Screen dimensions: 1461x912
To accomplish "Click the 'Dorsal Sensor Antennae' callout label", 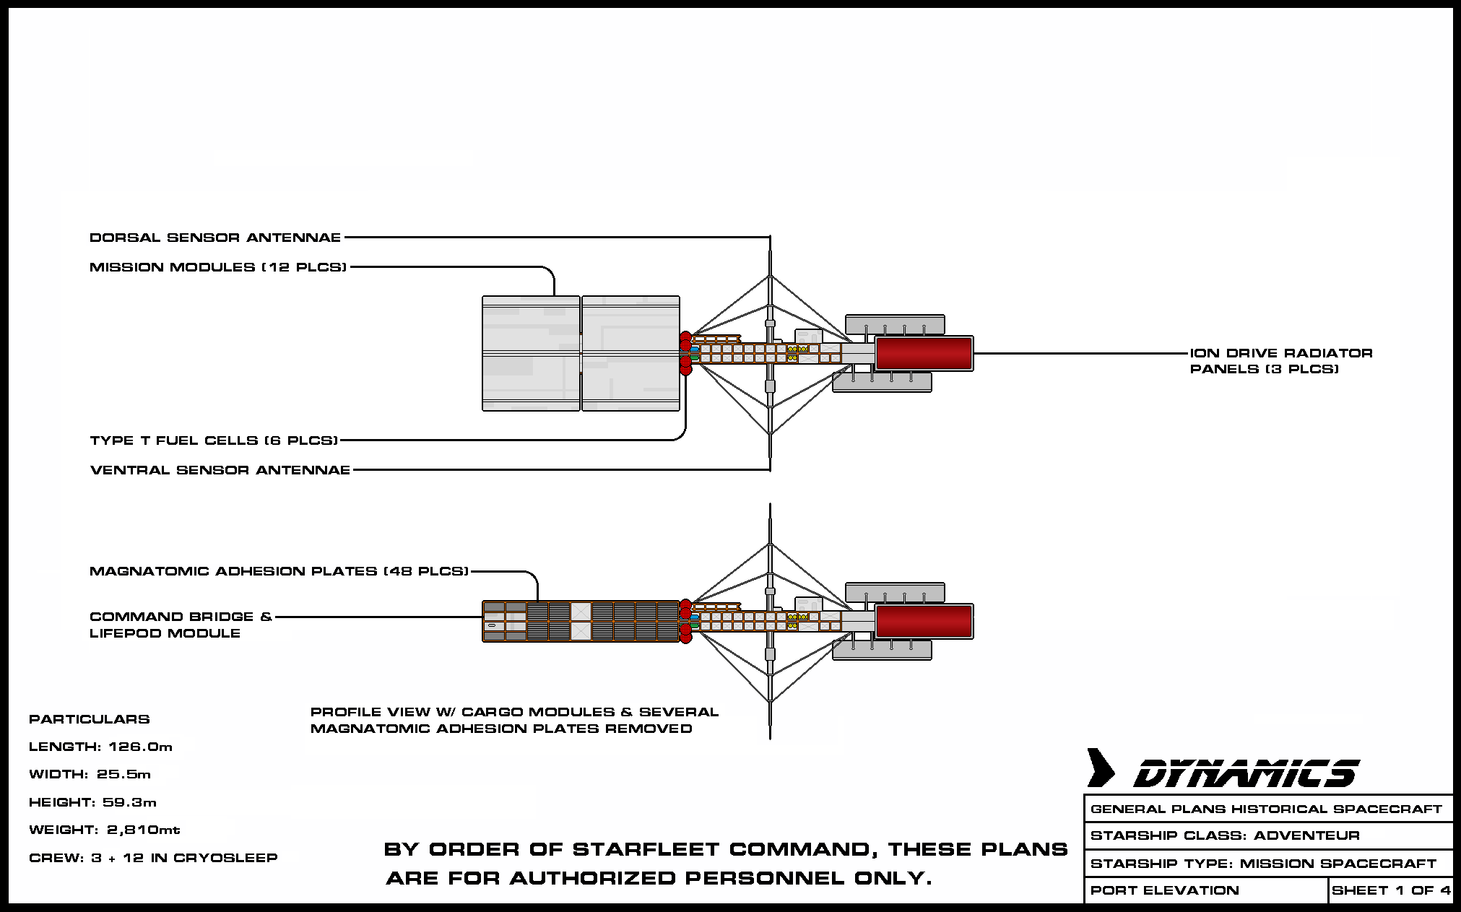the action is click(215, 238).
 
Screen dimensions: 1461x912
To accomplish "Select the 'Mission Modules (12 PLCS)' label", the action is click(218, 267).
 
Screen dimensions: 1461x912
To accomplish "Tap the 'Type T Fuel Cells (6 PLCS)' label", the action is click(214, 440).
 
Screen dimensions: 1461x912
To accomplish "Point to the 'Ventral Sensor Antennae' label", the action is click(220, 470).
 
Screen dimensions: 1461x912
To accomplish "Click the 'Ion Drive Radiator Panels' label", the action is click(1281, 361).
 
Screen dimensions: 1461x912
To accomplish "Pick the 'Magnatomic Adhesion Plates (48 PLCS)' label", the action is click(279, 571).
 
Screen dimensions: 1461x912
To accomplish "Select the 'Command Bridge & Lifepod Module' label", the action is click(181, 625).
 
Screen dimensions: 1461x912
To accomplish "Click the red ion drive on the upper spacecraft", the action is click(924, 354).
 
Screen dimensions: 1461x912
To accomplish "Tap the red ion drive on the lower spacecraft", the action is click(924, 622).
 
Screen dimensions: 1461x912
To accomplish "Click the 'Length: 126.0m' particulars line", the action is click(101, 747).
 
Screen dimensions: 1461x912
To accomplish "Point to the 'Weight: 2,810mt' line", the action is click(105, 830).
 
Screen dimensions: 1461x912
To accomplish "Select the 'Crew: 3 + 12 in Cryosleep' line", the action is click(153, 858).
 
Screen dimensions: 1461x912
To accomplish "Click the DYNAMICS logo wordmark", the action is click(1247, 774).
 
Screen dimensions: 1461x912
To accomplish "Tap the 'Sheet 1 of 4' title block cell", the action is click(1391, 890).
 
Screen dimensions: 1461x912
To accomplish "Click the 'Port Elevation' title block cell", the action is click(1207, 890).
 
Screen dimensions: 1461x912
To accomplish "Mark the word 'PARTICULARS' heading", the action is click(90, 719).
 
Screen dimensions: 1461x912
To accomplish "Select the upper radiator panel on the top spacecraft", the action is click(896, 325).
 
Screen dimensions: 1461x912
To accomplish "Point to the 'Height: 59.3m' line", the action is click(93, 802).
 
